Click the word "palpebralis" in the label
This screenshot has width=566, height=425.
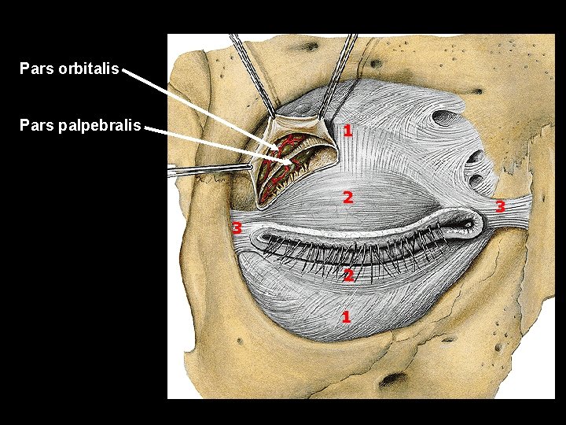pos(100,125)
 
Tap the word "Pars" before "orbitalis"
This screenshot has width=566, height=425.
pos(35,68)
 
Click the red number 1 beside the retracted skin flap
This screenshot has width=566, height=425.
pos(347,130)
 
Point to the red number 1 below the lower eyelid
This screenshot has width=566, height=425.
pos(345,316)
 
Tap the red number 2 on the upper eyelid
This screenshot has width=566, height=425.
pos(347,197)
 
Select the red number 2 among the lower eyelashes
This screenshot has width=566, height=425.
pos(347,275)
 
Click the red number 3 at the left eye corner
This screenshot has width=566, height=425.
pos(235,228)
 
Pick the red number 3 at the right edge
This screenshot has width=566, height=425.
pos(500,207)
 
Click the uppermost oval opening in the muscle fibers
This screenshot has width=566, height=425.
pos(445,119)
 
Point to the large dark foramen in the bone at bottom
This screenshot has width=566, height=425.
pos(391,381)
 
